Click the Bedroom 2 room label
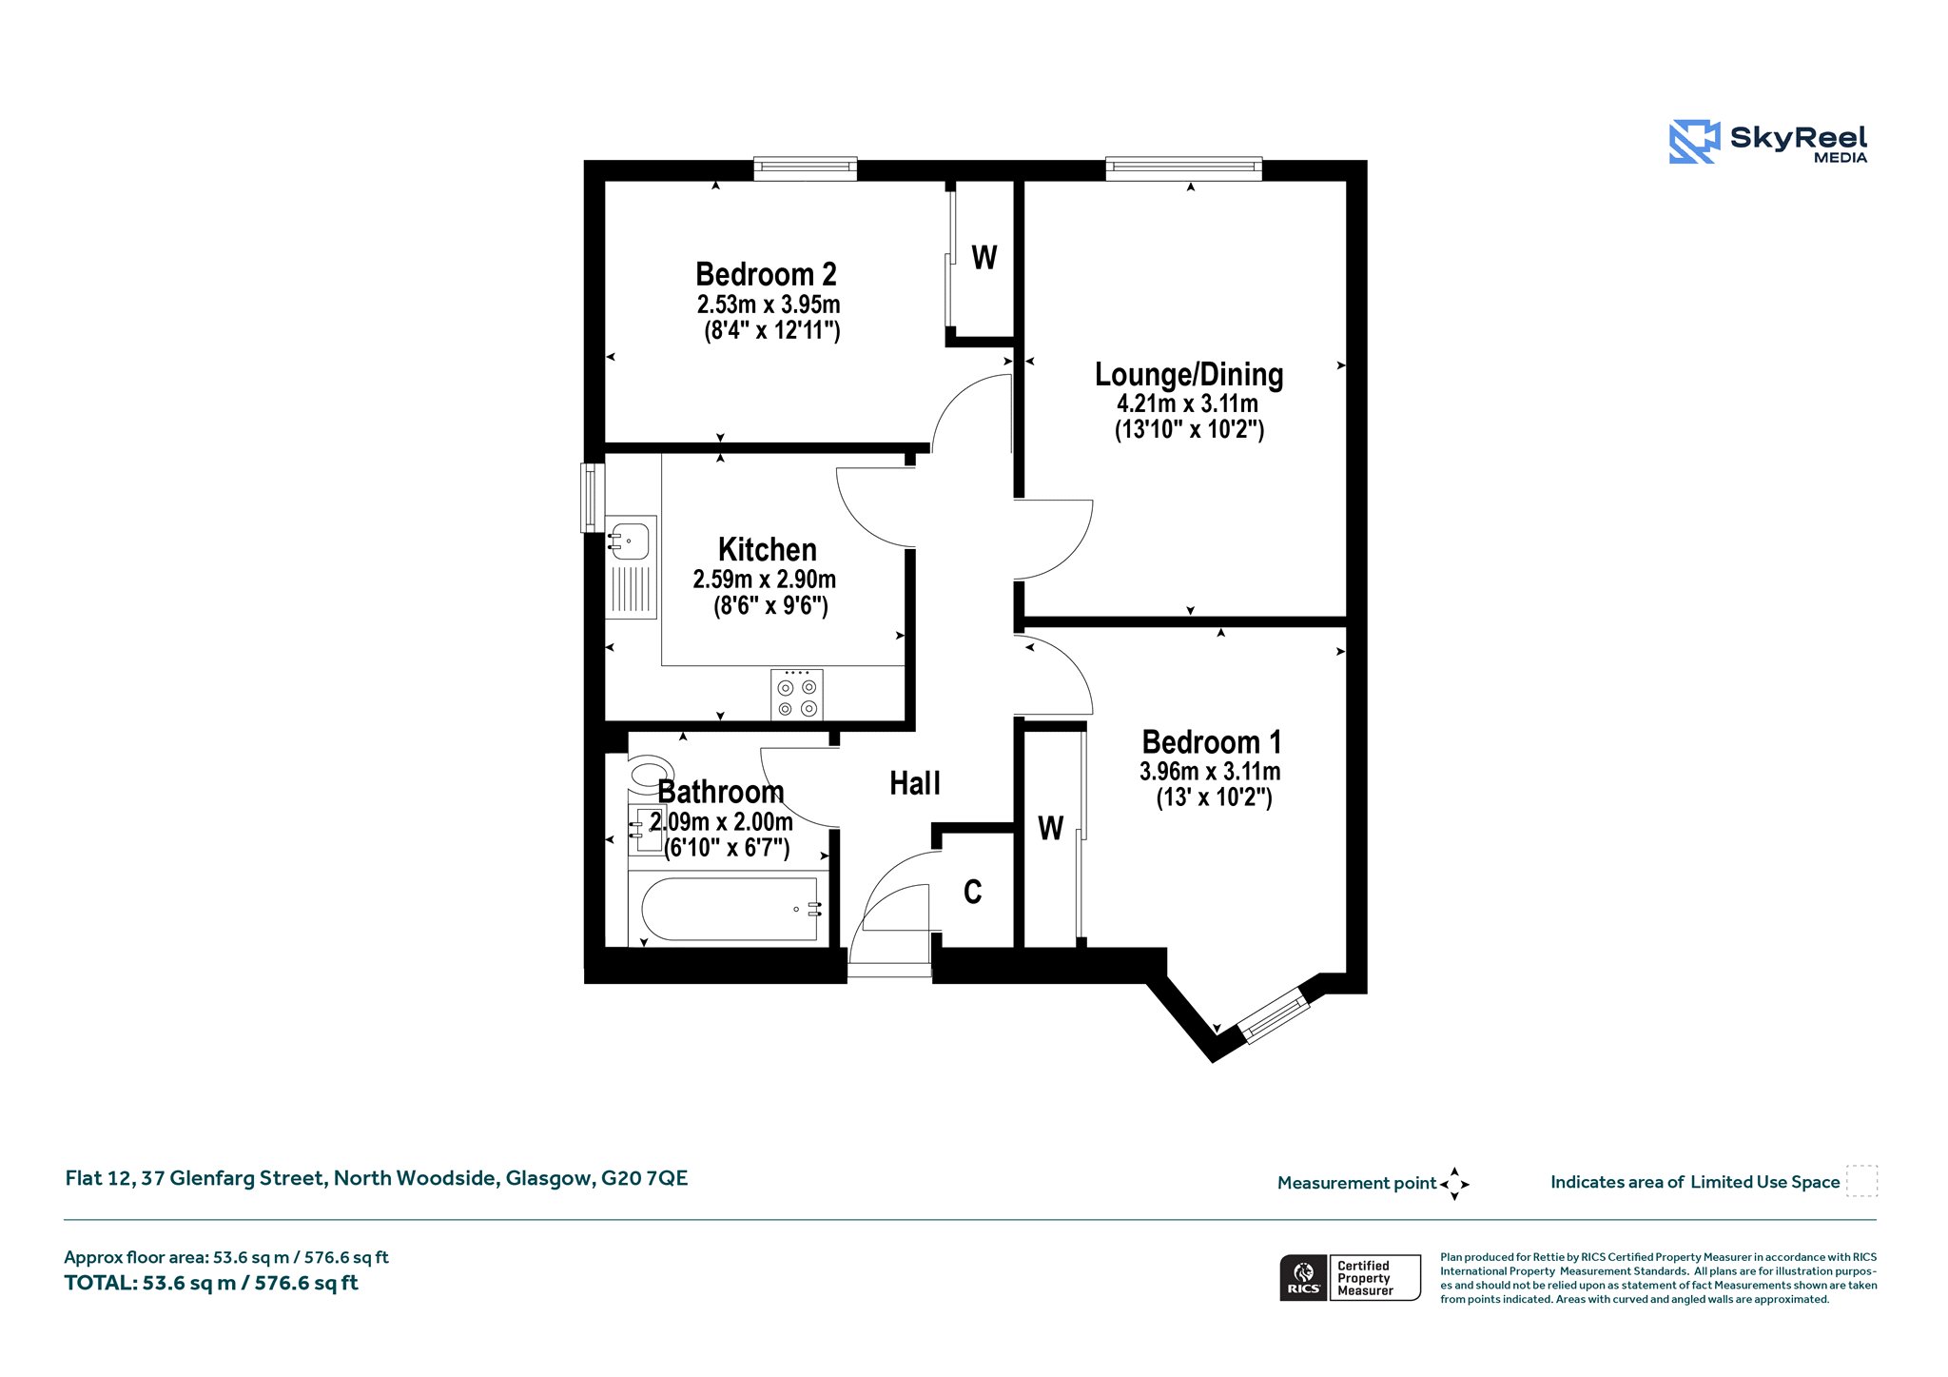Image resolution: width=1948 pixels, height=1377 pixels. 766,274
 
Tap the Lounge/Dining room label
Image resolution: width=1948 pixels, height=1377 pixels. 1189,375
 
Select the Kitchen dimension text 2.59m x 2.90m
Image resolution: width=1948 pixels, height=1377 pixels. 765,579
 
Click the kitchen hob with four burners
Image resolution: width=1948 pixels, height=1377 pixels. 797,695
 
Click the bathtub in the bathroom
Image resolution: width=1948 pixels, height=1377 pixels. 730,909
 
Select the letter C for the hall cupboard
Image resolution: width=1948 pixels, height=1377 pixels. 972,892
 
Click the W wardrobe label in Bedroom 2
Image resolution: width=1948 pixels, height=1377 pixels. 984,257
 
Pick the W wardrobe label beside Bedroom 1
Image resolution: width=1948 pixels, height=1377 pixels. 1050,828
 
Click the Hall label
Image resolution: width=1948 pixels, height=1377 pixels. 915,783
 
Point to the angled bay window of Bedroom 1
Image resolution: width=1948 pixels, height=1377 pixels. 1274,1014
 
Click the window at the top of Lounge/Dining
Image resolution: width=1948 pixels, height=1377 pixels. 1183,168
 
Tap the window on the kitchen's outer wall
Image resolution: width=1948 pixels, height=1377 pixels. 593,498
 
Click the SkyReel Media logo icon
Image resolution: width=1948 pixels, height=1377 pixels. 1694,142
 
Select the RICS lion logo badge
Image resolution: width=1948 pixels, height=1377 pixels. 1304,1277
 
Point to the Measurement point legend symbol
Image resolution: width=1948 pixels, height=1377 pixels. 1454,1184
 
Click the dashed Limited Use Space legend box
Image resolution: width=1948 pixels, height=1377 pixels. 1861,1181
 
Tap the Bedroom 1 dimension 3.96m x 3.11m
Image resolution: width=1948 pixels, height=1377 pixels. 1210,771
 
